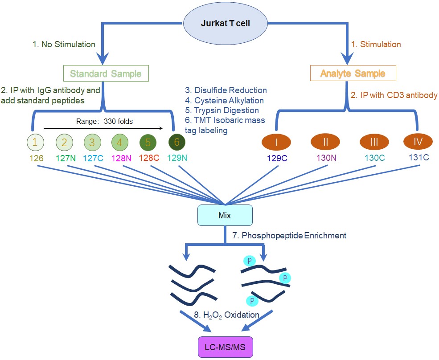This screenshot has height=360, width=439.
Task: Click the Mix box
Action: pos(225,215)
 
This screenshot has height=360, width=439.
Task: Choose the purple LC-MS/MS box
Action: pos(225,347)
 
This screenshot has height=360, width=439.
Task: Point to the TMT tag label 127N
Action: pos(66,158)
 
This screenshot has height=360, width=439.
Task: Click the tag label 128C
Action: pos(148,158)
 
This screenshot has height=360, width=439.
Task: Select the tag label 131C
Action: pos(419,158)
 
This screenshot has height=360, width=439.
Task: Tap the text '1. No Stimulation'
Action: pos(64,45)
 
